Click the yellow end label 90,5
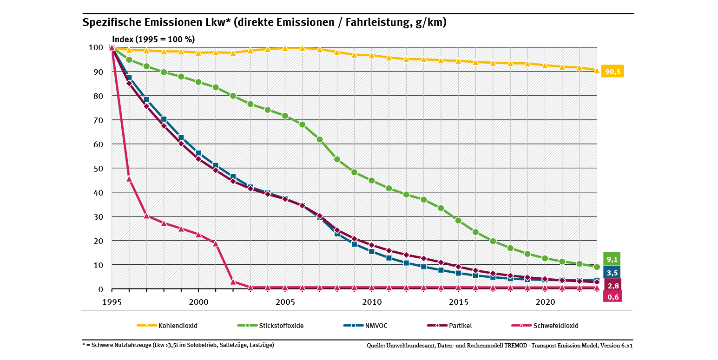point(613,72)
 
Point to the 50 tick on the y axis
point(96,168)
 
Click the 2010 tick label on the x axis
point(372,301)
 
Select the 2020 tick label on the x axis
point(545,301)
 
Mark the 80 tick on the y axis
point(96,96)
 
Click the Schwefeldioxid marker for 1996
point(129,179)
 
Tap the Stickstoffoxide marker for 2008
point(337,159)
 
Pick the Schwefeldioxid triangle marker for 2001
point(216,243)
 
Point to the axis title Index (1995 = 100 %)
point(153,39)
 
